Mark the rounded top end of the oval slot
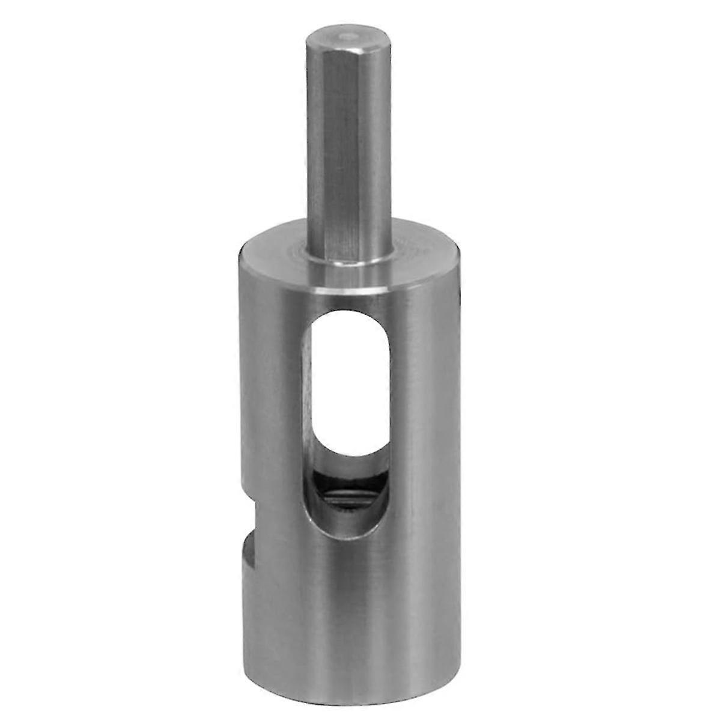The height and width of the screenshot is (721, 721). click(x=348, y=315)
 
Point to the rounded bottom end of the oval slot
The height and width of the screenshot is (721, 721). click(x=348, y=532)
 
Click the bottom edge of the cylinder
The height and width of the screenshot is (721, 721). click(x=354, y=685)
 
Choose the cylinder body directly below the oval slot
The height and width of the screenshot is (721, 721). click(x=348, y=601)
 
